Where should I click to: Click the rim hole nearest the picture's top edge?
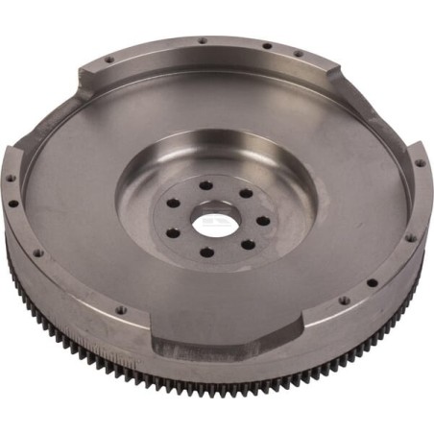(x=203, y=40)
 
